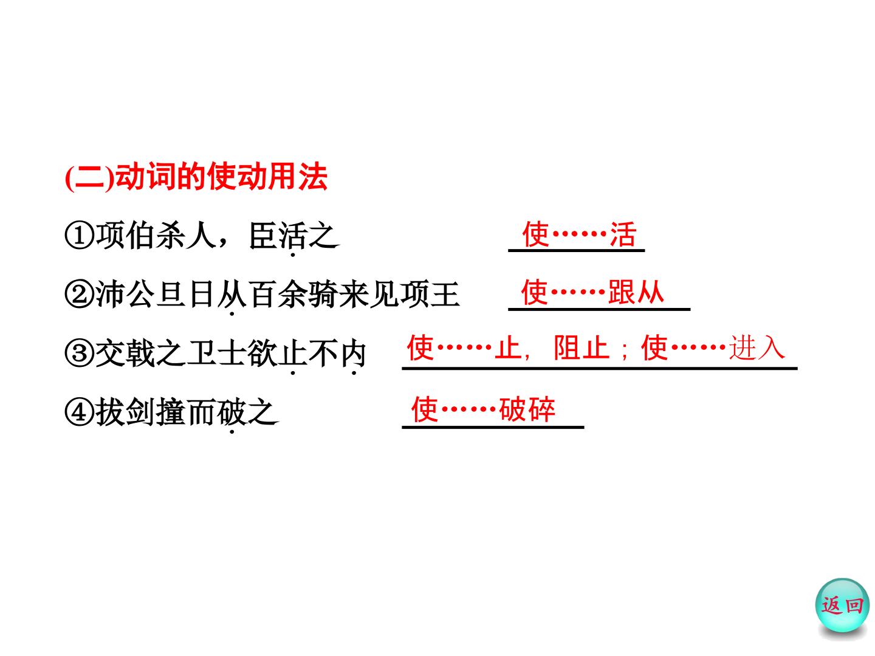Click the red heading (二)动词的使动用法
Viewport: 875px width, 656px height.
tap(196, 176)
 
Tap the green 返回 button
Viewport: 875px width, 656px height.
tap(842, 605)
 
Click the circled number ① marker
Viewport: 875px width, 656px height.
tap(80, 236)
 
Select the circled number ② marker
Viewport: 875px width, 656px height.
tap(80, 295)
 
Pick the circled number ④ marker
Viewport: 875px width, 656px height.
tap(80, 412)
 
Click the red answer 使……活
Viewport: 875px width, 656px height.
tap(579, 234)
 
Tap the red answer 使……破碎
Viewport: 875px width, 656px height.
tap(483, 409)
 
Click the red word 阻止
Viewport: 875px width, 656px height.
tap(582, 347)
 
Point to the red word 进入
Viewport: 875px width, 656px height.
tap(757, 347)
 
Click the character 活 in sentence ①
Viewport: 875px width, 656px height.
tap(293, 236)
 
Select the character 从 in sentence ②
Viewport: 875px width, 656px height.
tap(232, 295)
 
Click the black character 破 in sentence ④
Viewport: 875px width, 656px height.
tap(232, 412)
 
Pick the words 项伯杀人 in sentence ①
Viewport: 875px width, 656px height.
tap(156, 236)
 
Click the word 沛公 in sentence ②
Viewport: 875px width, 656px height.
tap(126, 295)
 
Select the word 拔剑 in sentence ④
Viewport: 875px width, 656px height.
tap(126, 412)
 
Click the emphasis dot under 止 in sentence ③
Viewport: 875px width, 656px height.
tap(293, 373)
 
